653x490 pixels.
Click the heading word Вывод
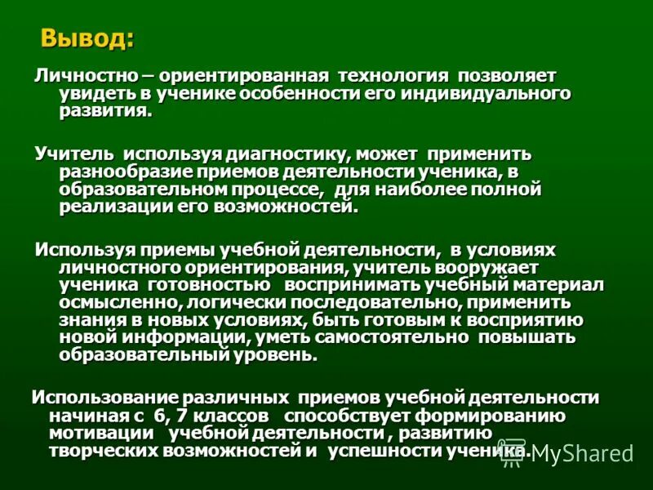point(87,38)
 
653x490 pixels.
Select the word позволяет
point(507,75)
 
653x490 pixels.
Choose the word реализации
point(115,207)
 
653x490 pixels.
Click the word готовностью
point(209,284)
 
